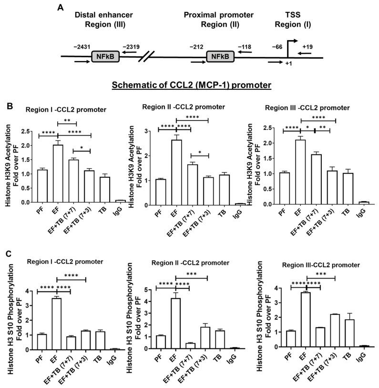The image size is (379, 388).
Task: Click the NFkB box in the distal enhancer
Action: pos(105,56)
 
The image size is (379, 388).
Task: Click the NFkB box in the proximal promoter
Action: pos(220,56)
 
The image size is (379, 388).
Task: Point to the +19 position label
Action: pos(308,46)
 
